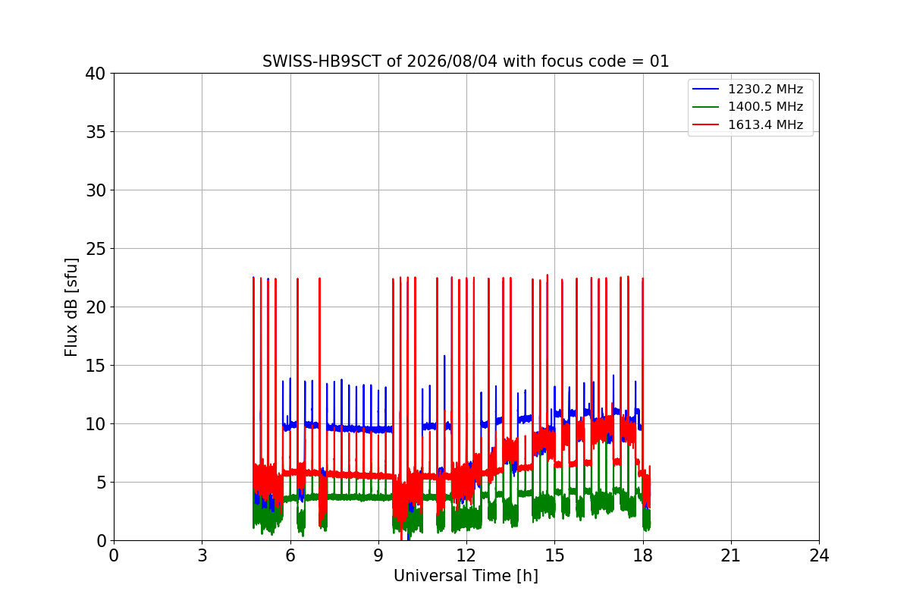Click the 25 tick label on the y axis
pyautogui.click(x=96, y=249)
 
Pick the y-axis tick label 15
pyautogui.click(x=96, y=366)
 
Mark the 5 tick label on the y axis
pyautogui.click(x=101, y=483)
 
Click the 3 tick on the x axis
pyautogui.click(x=202, y=555)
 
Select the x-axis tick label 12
pyautogui.click(x=466, y=555)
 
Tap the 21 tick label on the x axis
pyautogui.click(x=731, y=555)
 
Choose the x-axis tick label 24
pyautogui.click(x=819, y=555)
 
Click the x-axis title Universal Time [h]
pyautogui.click(x=466, y=576)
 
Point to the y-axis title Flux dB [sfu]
pyautogui.click(x=71, y=307)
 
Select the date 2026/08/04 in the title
pyautogui.click(x=452, y=61)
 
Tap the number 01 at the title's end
pyautogui.click(x=659, y=61)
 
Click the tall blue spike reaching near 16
pyautogui.click(x=444, y=387)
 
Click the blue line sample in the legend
pyautogui.click(x=706, y=89)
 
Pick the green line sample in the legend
pyautogui.click(x=706, y=107)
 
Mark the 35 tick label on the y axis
pyautogui.click(x=96, y=132)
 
